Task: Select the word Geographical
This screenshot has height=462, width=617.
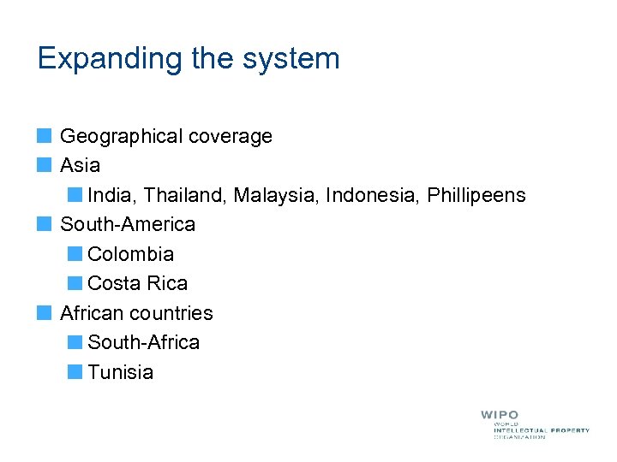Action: pyautogui.click(x=122, y=136)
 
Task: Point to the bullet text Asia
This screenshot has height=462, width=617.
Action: pyautogui.click(x=80, y=165)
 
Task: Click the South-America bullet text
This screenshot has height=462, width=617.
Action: pyautogui.click(x=128, y=224)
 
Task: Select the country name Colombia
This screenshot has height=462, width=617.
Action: pyautogui.click(x=130, y=254)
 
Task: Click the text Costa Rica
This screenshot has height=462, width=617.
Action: pyautogui.click(x=137, y=283)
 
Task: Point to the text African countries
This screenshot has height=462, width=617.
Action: pyautogui.click(x=136, y=313)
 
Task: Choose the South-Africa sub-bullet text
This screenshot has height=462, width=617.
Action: pyautogui.click(x=143, y=342)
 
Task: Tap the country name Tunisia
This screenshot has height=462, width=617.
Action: pyautogui.click(x=120, y=372)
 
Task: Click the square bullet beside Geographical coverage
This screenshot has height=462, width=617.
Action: pyautogui.click(x=45, y=136)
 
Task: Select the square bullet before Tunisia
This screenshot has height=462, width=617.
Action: pyautogui.click(x=75, y=372)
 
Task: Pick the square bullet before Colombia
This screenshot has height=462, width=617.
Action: pyautogui.click(x=75, y=254)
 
